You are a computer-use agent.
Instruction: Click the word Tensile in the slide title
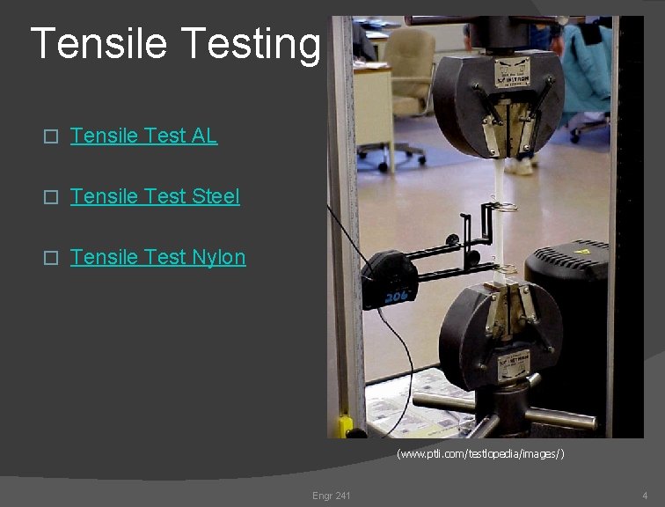tap(98, 43)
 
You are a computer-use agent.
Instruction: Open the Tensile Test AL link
tap(143, 136)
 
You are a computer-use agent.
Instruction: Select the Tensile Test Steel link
tap(154, 196)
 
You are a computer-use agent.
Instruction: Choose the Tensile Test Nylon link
tap(157, 257)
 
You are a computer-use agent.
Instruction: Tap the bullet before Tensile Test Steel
tap(51, 197)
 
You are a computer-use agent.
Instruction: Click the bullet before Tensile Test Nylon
tap(51, 258)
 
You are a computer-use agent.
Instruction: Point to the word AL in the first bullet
tap(204, 136)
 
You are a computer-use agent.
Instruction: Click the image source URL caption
tap(480, 453)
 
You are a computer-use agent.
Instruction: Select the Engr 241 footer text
tap(331, 496)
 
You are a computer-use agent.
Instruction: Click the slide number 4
tap(645, 496)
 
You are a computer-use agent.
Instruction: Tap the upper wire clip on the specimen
tap(505, 208)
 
